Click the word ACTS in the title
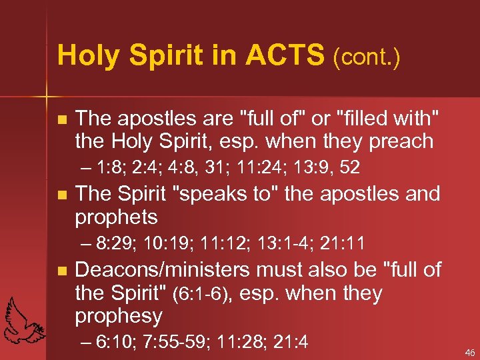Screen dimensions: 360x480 285,55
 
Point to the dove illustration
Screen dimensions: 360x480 24,320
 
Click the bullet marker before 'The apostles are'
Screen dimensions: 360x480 62,120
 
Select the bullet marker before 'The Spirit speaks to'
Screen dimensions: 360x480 62,195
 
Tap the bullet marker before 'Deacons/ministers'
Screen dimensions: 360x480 62,271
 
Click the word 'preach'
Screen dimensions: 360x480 401,142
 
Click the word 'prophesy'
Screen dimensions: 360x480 118,315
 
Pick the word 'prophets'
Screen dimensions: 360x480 116,217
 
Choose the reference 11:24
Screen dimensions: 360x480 236,167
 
